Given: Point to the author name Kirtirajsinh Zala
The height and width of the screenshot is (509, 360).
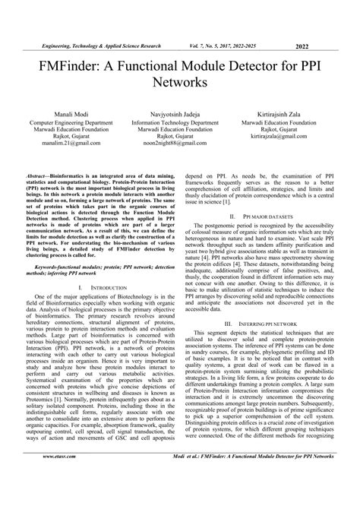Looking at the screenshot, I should pyautogui.click(x=286, y=112).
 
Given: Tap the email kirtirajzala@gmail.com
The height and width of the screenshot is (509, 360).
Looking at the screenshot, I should pyautogui.click(x=286, y=134).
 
